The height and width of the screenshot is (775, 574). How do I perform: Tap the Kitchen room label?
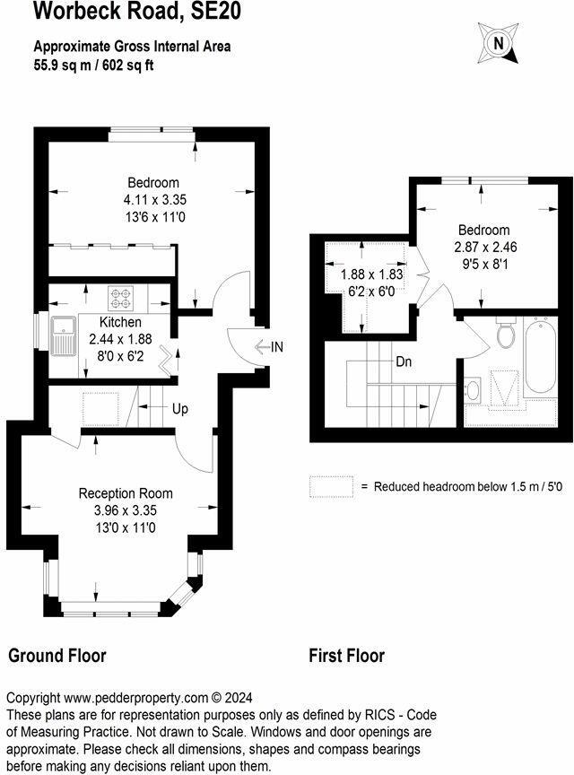[x=120, y=323]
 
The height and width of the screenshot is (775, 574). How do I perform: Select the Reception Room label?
[x=126, y=493]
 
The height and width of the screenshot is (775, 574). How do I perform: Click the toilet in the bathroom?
[x=505, y=335]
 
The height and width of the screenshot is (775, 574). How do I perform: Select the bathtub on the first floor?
[x=540, y=358]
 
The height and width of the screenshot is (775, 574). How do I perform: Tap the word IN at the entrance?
[x=278, y=346]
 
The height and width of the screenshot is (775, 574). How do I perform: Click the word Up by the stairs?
[x=180, y=409]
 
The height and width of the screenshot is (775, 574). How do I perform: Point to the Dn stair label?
[x=404, y=363]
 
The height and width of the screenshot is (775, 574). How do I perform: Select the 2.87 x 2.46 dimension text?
[x=483, y=247]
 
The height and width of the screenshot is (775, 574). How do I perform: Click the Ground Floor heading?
[x=57, y=656]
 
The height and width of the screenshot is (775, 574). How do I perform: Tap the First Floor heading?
[x=347, y=656]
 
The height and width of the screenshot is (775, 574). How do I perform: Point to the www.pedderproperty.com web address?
[x=136, y=698]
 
